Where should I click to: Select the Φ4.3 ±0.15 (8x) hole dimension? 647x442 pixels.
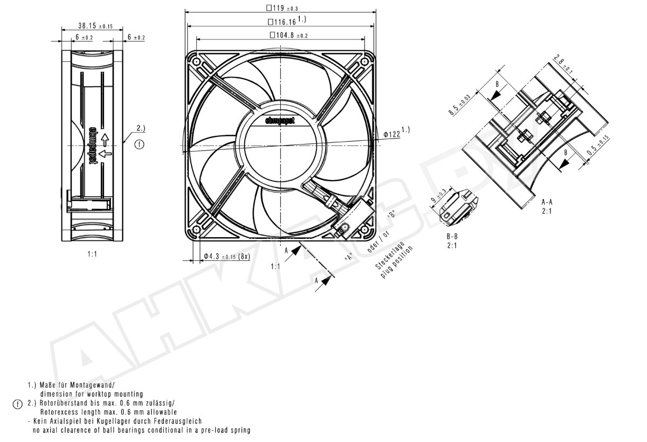coord(226,257)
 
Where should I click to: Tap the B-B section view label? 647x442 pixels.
coord(453,236)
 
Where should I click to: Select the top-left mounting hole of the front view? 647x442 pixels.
coord(197,62)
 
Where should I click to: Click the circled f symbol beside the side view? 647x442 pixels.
coord(139,144)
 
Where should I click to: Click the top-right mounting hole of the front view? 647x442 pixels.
coord(364,62)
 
